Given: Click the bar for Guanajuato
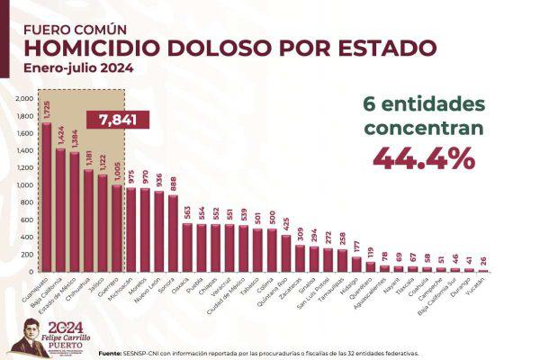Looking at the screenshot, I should (x=47, y=198).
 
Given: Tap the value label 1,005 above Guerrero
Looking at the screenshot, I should (x=115, y=172).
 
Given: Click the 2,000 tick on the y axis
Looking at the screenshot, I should (x=24, y=99).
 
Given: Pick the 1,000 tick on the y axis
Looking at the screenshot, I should (x=24, y=185).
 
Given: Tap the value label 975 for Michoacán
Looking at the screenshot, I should (x=130, y=177).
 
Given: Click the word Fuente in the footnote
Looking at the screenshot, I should (x=112, y=352).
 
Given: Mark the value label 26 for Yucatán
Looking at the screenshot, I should (x=482, y=261).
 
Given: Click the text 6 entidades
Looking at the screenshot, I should (x=423, y=103).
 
